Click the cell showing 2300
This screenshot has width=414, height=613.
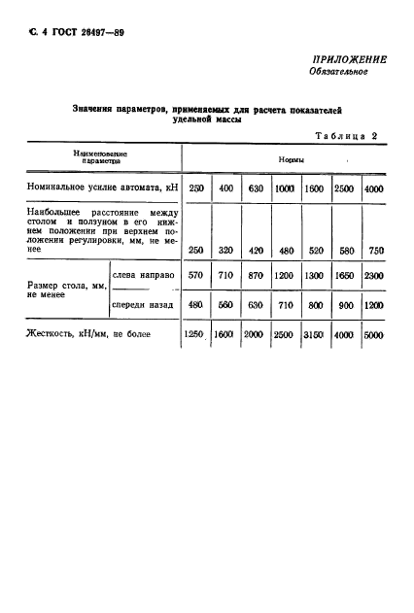pos(373,276)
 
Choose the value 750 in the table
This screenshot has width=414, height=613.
pos(374,249)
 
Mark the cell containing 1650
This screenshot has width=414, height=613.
pos(338,276)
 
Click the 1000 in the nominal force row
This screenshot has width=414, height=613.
pos(285,187)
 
